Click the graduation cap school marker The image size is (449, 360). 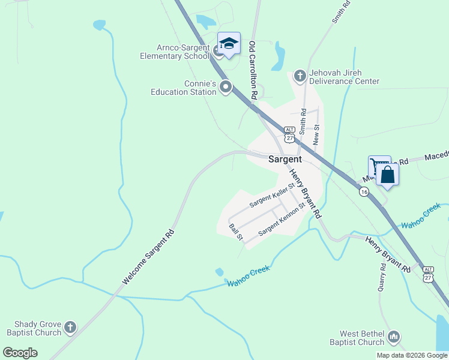[229, 43]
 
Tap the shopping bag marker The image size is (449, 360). [388, 175]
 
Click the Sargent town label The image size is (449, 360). [285, 160]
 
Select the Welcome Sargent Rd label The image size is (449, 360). [148, 257]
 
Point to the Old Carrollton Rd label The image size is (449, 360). [253, 70]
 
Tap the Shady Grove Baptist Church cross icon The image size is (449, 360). [70, 328]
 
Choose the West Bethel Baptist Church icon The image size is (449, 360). [394, 337]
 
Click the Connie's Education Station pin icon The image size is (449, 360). [226, 88]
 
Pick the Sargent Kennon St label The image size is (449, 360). [282, 220]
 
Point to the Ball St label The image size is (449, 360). [236, 233]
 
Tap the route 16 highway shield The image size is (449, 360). [364, 192]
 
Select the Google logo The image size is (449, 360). [20, 353]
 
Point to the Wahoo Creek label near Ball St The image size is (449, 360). [248, 276]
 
